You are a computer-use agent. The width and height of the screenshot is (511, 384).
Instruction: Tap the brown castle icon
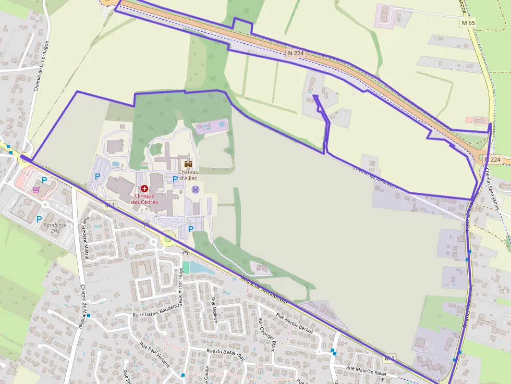tap(188, 164)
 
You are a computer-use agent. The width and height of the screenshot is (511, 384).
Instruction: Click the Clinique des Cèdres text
tap(144, 199)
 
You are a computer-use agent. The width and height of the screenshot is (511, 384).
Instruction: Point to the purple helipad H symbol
tap(196, 189)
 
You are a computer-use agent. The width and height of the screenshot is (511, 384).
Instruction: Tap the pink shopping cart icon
tap(35, 189)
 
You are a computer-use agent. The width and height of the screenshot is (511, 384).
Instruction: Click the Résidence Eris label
tap(55, 228)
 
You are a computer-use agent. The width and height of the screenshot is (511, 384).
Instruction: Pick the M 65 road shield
tap(468, 23)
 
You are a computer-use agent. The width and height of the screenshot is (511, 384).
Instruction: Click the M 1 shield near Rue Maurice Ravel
tap(390, 358)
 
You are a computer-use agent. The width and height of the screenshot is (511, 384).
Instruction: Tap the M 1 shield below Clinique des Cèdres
tap(110, 205)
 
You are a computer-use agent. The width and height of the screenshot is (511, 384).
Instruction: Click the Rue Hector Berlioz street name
tap(295, 324)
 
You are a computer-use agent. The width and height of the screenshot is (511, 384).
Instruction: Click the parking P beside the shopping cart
tap(44, 180)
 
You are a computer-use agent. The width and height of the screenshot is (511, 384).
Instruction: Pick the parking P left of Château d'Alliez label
tap(175, 179)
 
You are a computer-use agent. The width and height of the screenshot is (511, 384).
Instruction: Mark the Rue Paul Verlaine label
tap(155, 355)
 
